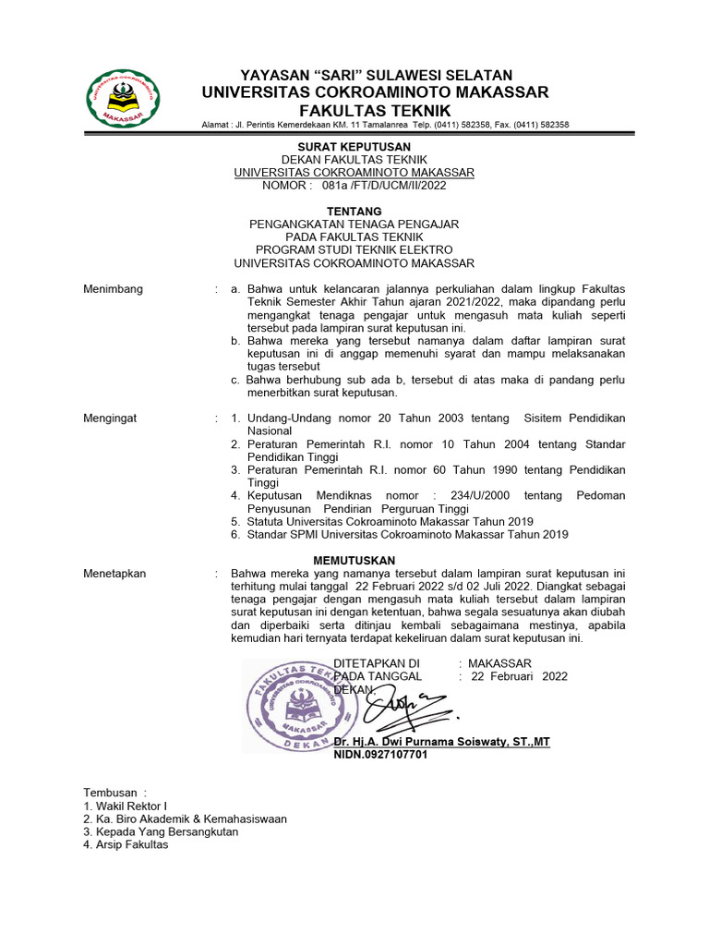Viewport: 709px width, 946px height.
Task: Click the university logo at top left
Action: (123, 100)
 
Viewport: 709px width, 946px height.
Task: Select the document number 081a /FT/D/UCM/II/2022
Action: (384, 185)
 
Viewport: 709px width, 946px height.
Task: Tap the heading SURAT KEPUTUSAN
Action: (354, 147)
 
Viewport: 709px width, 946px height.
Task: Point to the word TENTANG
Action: (354, 212)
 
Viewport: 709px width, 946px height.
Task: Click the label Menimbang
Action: (113, 289)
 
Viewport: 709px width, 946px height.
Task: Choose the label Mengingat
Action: (110, 418)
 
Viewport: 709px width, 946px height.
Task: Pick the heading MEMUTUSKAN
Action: (354, 561)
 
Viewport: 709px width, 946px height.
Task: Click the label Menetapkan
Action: (114, 574)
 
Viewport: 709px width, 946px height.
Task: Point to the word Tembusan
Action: (109, 793)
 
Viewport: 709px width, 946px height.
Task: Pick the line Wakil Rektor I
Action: (125, 806)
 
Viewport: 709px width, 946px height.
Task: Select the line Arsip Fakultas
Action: (126, 844)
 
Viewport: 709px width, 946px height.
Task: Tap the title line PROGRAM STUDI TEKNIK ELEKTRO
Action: (354, 250)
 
